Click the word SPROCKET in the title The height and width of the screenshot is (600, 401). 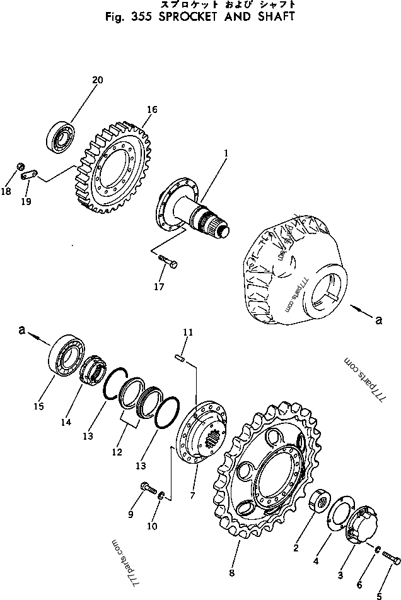pos(180,17)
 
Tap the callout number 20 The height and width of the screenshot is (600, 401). pos(97,80)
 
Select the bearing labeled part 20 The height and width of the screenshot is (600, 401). pos(61,135)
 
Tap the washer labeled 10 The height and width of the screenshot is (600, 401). pos(162,497)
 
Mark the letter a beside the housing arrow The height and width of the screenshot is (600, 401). pos(378,321)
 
